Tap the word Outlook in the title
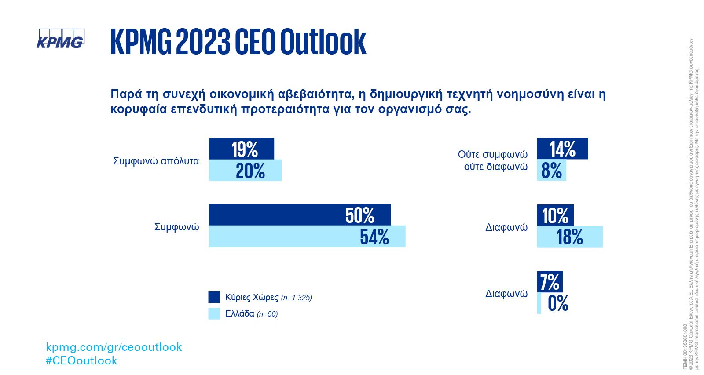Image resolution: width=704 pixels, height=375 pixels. (x=323, y=42)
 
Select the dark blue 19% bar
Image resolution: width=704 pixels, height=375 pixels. (x=241, y=149)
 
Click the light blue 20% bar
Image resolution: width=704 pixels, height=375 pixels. (x=245, y=171)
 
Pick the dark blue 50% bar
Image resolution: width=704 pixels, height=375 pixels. (x=299, y=215)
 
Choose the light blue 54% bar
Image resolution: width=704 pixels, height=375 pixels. (x=307, y=237)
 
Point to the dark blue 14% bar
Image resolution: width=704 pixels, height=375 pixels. (x=562, y=149)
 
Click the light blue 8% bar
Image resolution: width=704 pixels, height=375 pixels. (x=551, y=171)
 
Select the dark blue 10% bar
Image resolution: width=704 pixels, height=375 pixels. (x=555, y=215)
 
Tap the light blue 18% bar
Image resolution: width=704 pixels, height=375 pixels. (x=570, y=237)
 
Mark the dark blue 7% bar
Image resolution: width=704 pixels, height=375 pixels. (x=550, y=282)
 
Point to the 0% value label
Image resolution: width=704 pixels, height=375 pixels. (x=558, y=303)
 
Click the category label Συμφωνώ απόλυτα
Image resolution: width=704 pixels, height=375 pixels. (x=156, y=161)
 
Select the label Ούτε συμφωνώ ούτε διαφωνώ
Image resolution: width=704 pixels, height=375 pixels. (x=492, y=160)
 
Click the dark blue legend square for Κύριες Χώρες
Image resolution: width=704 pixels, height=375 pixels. (x=214, y=297)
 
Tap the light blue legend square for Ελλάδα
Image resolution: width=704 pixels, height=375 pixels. (x=214, y=313)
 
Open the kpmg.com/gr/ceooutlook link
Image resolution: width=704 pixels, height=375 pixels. (x=114, y=347)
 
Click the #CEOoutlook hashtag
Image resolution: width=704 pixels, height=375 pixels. (x=81, y=360)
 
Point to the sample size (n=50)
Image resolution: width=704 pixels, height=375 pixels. (x=267, y=314)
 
